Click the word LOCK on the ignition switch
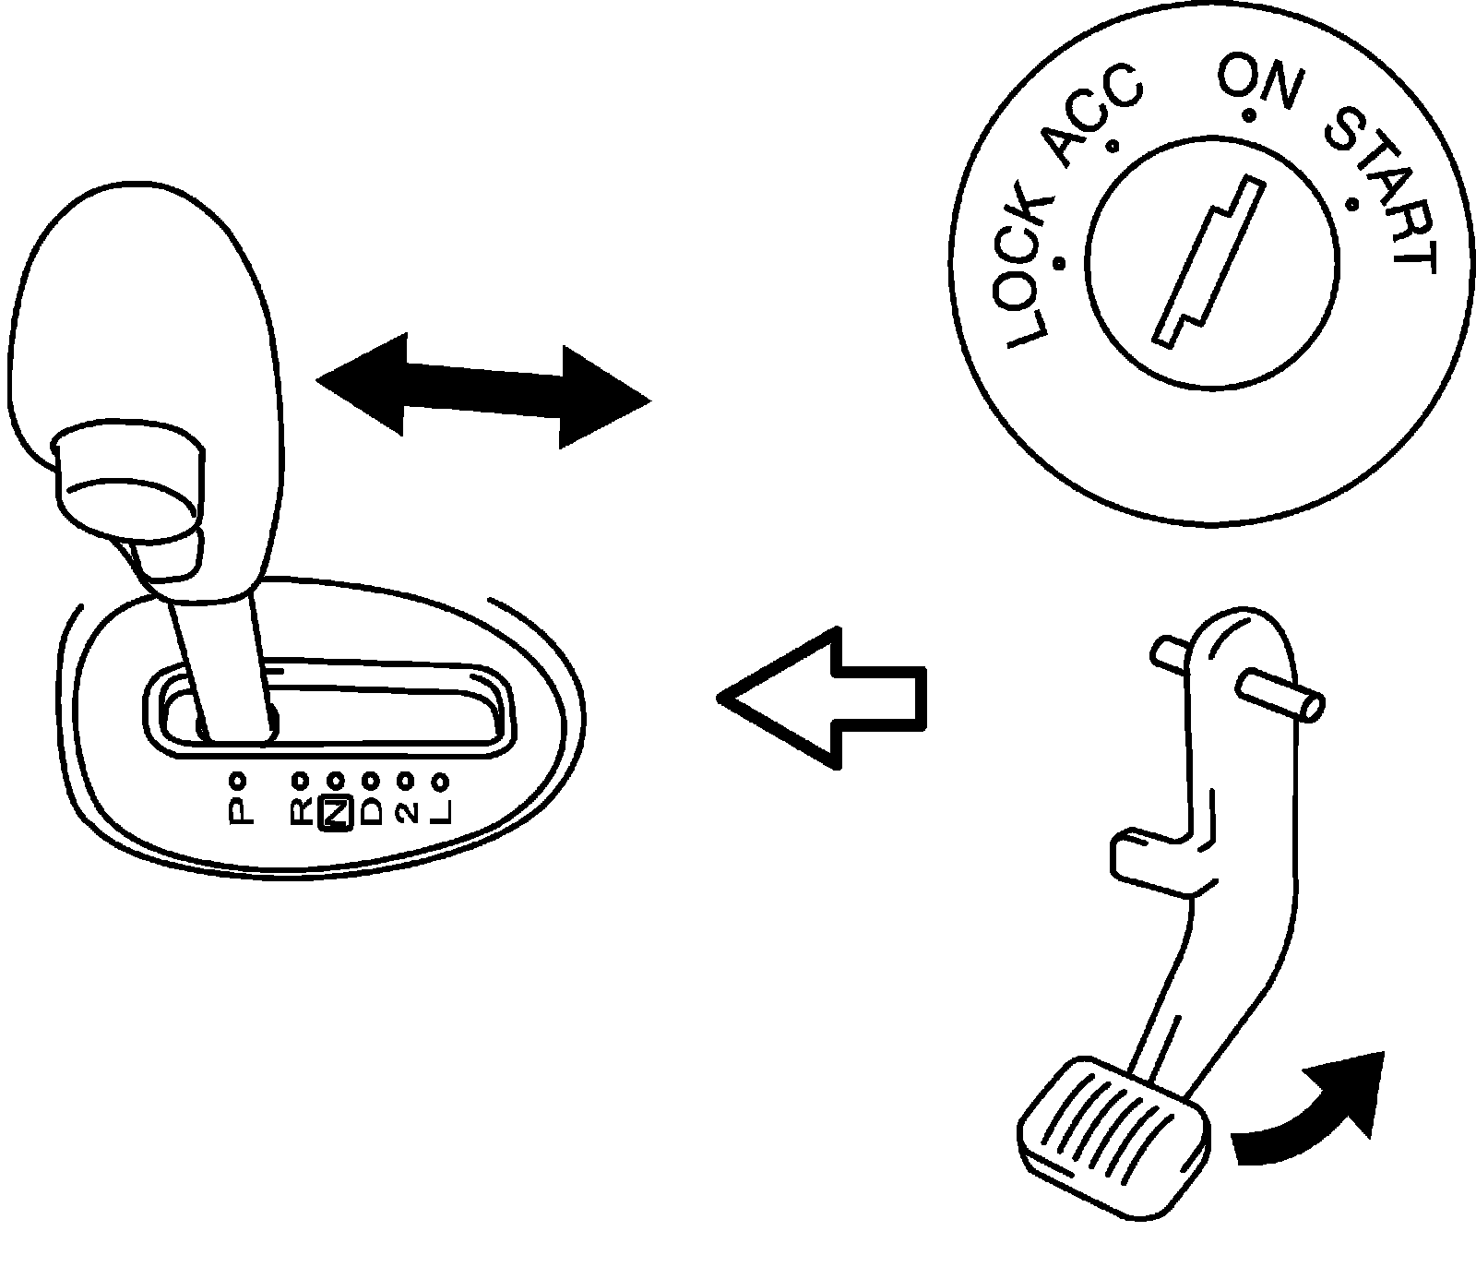tap(1025, 277)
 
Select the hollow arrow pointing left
tap(821, 699)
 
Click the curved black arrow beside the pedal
tap(1310, 1112)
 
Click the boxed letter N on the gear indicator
tap(336, 812)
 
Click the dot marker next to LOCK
tap(1061, 264)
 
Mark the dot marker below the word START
tap(1352, 203)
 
